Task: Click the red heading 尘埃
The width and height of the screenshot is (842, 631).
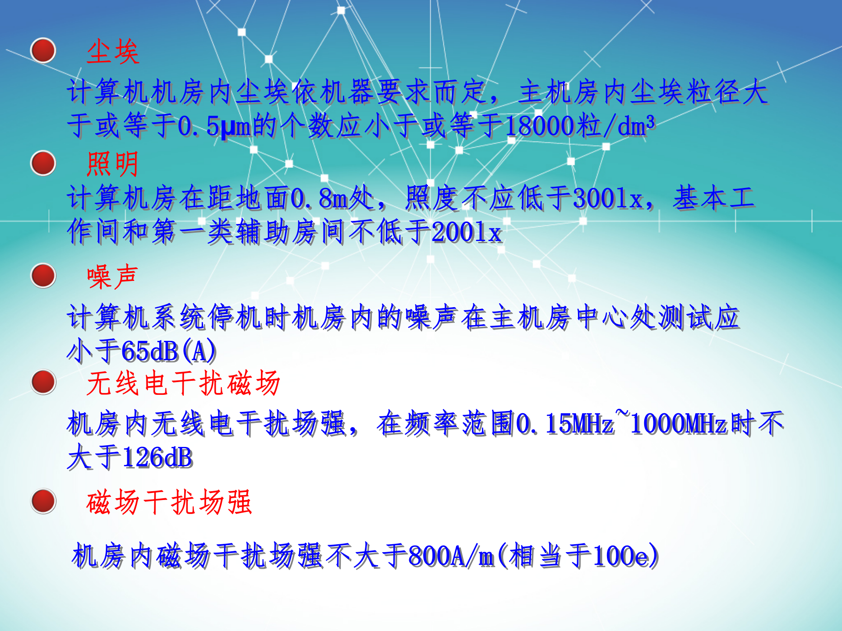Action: pyautogui.click(x=113, y=52)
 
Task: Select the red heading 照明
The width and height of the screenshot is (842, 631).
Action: pyautogui.click(x=113, y=164)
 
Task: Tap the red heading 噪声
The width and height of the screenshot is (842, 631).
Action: pyautogui.click(x=113, y=277)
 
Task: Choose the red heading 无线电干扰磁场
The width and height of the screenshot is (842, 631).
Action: pyautogui.click(x=183, y=383)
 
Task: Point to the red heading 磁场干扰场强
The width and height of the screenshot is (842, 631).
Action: pyautogui.click(x=169, y=502)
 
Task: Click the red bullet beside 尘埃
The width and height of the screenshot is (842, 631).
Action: pyautogui.click(x=43, y=50)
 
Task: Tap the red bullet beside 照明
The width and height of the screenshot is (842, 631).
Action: pyautogui.click(x=43, y=163)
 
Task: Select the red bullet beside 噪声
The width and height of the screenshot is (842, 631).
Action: pyautogui.click(x=43, y=276)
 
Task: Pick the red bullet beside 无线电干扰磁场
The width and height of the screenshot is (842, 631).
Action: pyautogui.click(x=43, y=382)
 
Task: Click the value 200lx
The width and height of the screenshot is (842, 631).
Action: pyautogui.click(x=467, y=232)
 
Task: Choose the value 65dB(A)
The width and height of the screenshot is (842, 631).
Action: pyautogui.click(x=168, y=351)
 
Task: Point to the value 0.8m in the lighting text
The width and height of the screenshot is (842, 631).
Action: pyautogui.click(x=319, y=198)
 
